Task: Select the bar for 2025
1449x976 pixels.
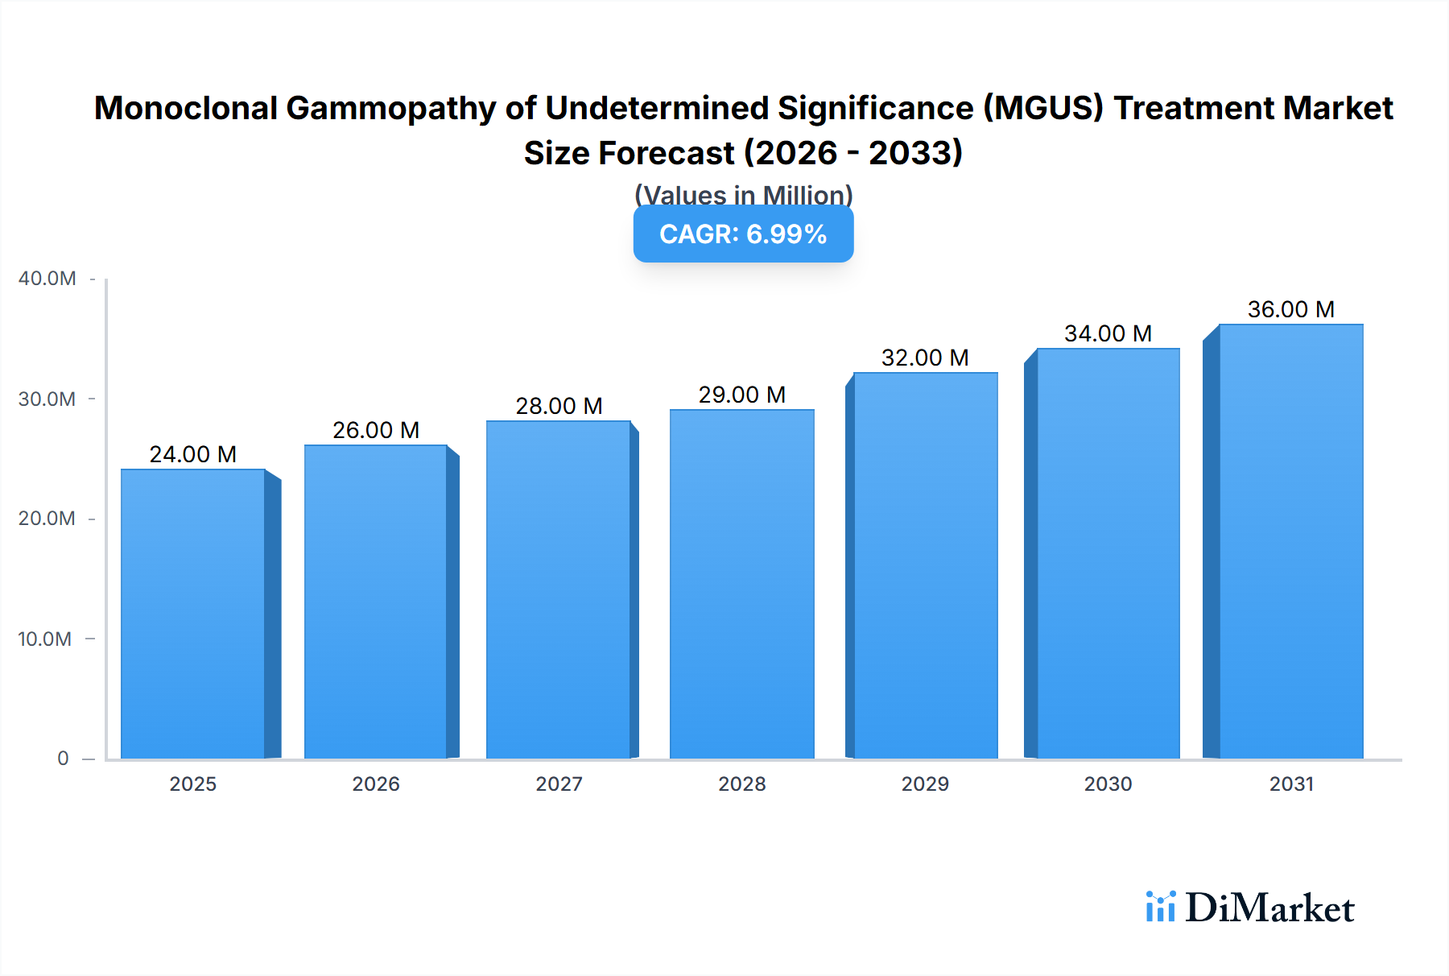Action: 193,614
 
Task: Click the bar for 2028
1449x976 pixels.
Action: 741,584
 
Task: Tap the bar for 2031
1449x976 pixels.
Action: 1290,541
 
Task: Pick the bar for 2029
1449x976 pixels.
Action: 925,565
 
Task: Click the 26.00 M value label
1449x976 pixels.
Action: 376,430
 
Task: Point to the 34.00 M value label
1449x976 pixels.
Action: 1108,333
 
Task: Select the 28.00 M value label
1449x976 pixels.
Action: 559,406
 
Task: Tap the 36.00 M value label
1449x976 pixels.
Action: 1290,309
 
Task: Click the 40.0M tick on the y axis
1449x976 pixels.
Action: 47,279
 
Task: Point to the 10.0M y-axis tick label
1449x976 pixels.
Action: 45,639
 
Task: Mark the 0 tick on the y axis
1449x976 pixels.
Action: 63,759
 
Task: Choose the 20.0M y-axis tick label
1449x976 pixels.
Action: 47,519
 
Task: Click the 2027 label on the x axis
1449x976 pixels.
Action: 559,784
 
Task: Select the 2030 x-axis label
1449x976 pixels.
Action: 1108,784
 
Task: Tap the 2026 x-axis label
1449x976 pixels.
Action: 376,784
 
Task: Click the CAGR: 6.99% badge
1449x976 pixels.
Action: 743,234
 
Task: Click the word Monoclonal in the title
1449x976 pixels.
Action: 185,108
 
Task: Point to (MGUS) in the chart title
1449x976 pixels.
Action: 1042,108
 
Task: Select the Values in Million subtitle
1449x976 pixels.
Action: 743,194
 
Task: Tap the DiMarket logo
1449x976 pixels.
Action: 1250,908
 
